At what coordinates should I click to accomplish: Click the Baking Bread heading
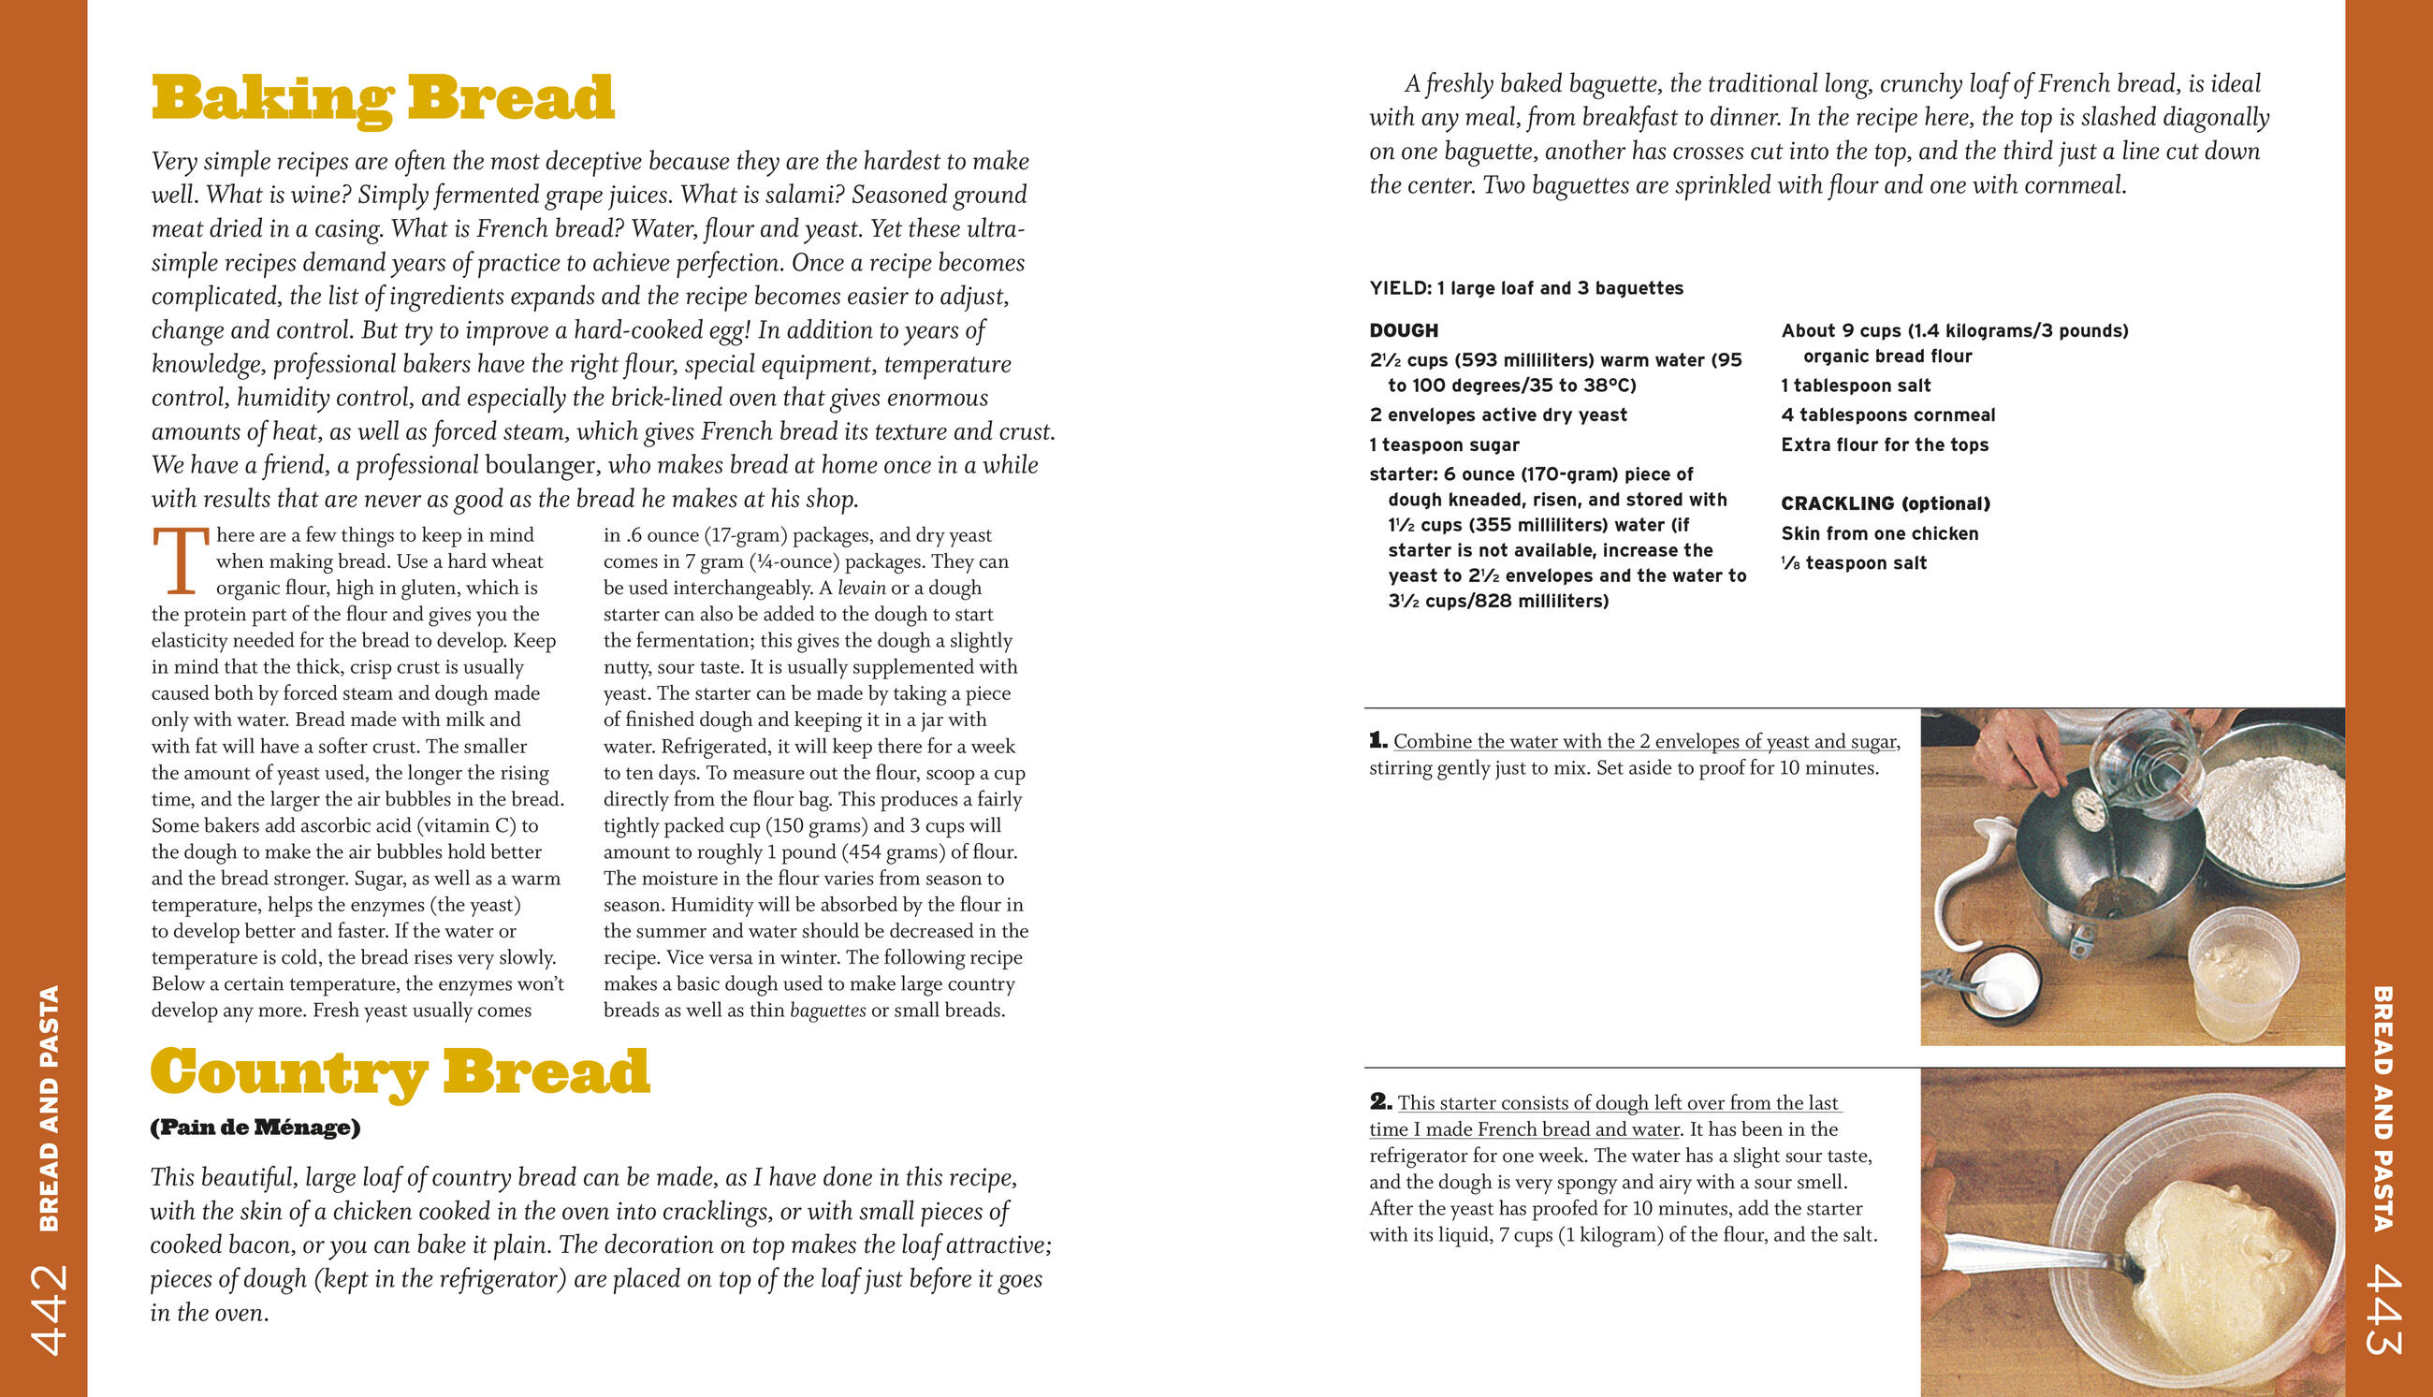click(382, 98)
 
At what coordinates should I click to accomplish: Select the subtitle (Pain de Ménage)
click(255, 1128)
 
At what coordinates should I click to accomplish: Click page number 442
click(48, 1309)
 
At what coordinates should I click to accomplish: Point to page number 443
click(2385, 1309)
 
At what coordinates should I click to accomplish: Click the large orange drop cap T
click(180, 560)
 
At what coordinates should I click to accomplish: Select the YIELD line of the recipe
click(1525, 288)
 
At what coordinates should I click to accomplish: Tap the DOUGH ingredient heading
click(1404, 331)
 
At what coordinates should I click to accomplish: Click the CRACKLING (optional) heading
click(1886, 503)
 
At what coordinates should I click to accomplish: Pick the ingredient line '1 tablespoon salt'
click(1856, 386)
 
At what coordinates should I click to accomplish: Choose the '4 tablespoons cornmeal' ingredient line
click(1887, 415)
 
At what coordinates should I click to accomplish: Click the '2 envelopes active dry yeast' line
click(1497, 415)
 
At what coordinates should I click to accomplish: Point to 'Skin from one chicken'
click(1879, 533)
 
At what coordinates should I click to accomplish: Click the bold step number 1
click(1377, 741)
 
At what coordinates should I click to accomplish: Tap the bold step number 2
click(1379, 1101)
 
